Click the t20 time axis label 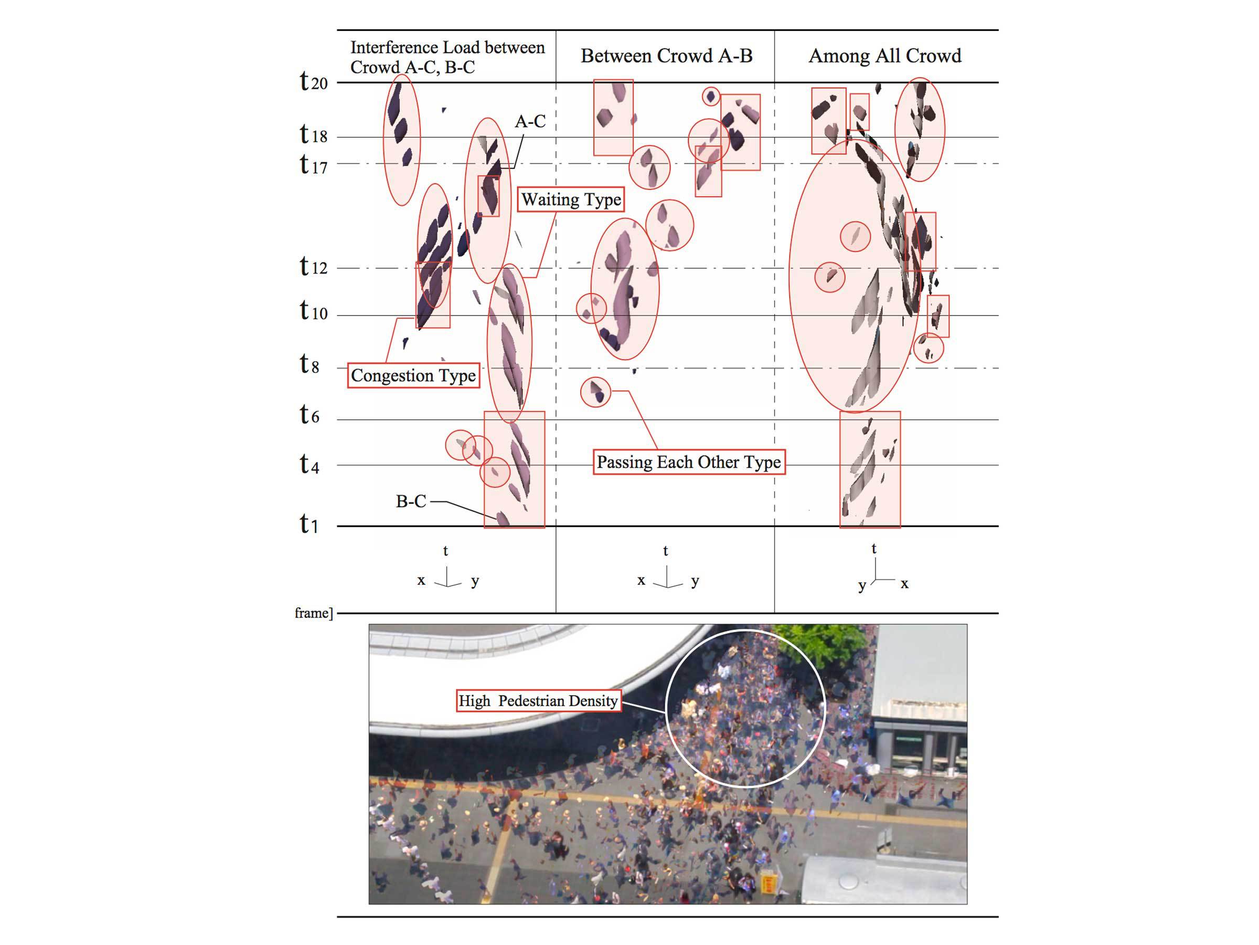click(314, 81)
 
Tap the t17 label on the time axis click(314, 165)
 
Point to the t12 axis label click(314, 267)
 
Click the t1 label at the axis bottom click(309, 524)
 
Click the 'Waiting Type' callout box click(571, 199)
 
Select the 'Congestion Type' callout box click(413, 375)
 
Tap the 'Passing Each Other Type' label click(689, 462)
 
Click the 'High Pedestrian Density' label click(538, 701)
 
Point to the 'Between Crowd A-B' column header click(667, 56)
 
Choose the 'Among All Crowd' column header click(885, 56)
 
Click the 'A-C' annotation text click(530, 121)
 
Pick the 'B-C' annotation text click(411, 501)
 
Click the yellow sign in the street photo click(768, 884)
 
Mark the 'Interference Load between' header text click(447, 47)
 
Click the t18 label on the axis click(314, 135)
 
